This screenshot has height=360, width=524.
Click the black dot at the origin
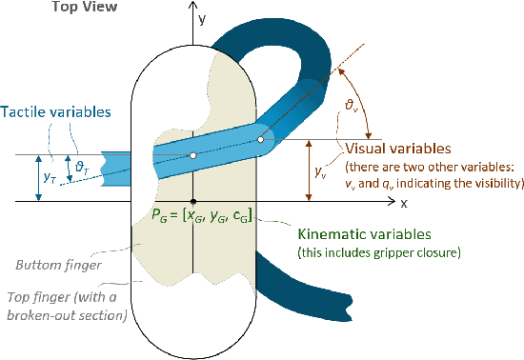pyautogui.click(x=193, y=202)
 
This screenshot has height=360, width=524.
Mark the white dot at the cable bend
pyautogui.click(x=260, y=140)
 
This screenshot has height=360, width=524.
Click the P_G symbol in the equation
pyautogui.click(x=159, y=218)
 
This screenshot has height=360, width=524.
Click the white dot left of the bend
pyautogui.click(x=192, y=154)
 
